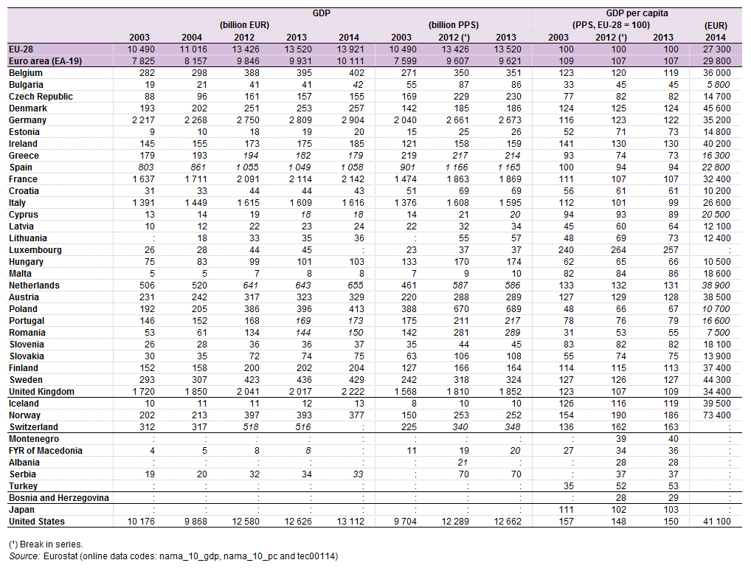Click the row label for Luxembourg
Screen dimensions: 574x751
(x=35, y=250)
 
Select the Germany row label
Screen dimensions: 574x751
(x=28, y=120)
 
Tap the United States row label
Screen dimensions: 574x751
(x=36, y=522)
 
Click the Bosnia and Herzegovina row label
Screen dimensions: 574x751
(x=58, y=498)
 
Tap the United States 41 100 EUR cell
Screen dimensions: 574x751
(x=715, y=522)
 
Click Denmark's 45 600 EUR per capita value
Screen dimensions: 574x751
(x=715, y=108)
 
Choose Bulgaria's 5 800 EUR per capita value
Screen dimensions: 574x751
(x=718, y=85)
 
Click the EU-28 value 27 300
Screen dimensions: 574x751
(x=715, y=49)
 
